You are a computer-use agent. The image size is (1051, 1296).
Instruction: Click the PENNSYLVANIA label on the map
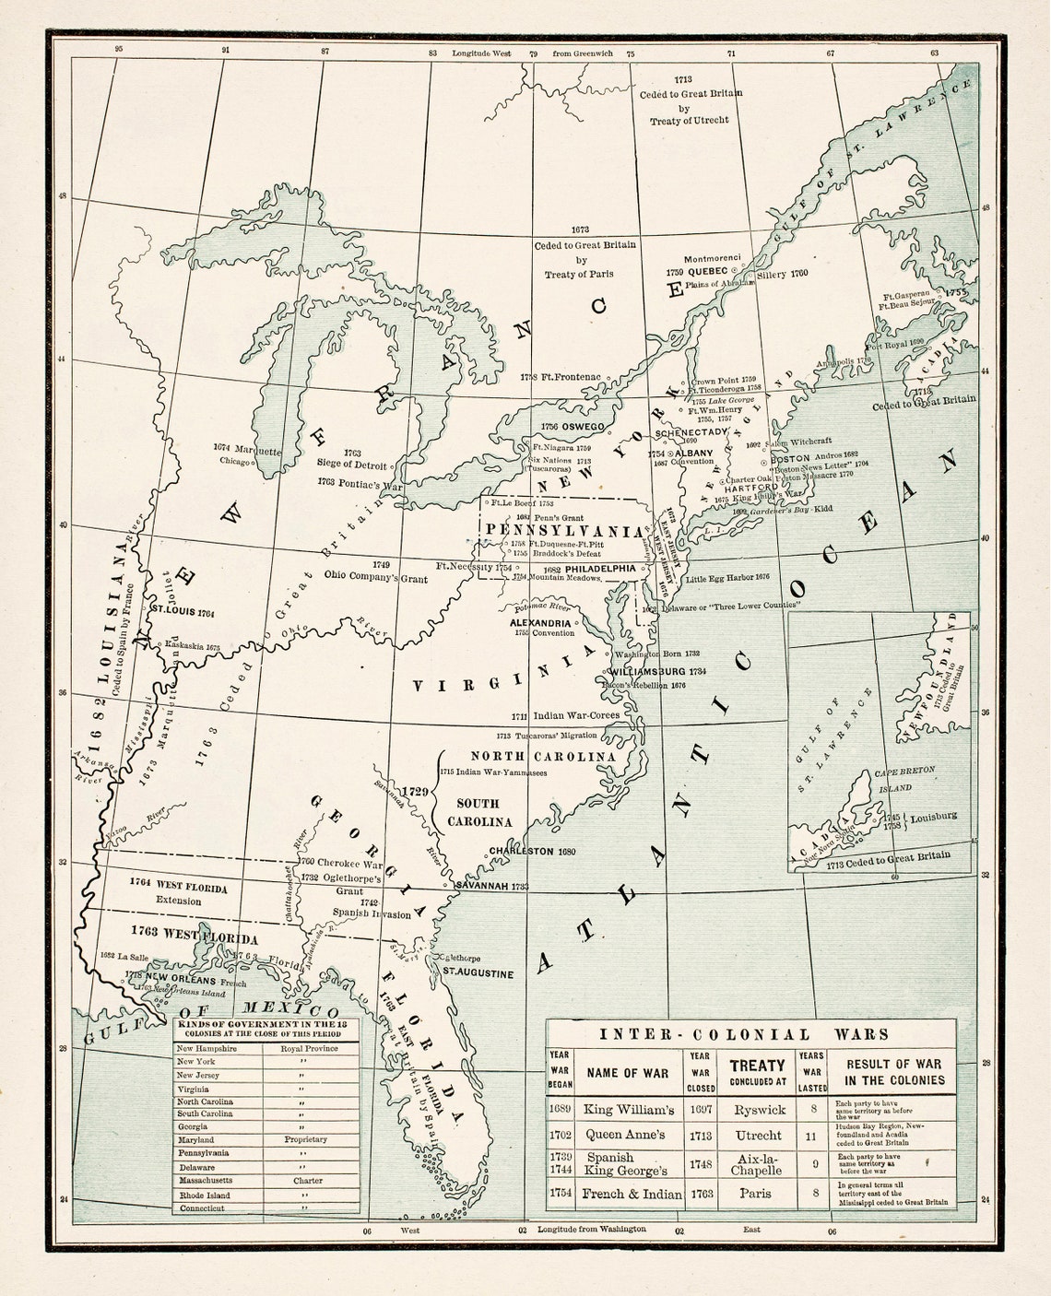tap(563, 532)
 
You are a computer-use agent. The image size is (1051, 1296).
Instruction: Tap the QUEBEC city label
tap(708, 272)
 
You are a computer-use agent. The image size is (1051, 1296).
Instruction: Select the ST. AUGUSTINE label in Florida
tap(478, 972)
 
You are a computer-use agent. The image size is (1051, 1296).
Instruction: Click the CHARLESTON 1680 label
tap(532, 851)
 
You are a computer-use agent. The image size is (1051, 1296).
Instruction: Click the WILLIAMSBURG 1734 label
tap(657, 671)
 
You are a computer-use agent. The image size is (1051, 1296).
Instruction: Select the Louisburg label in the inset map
tap(933, 817)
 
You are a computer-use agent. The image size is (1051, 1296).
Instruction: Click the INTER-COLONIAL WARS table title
tap(744, 1034)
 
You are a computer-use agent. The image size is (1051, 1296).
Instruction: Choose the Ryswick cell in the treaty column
tap(757, 1110)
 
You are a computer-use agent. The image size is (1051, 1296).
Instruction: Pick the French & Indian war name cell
tap(632, 1194)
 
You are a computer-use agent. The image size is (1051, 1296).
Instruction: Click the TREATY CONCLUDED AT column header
tap(757, 1072)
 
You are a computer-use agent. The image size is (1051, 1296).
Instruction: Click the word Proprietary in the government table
tap(305, 1139)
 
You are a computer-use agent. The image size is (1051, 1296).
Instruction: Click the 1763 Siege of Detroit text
tap(351, 459)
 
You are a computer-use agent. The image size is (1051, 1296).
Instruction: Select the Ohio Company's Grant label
tap(375, 576)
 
